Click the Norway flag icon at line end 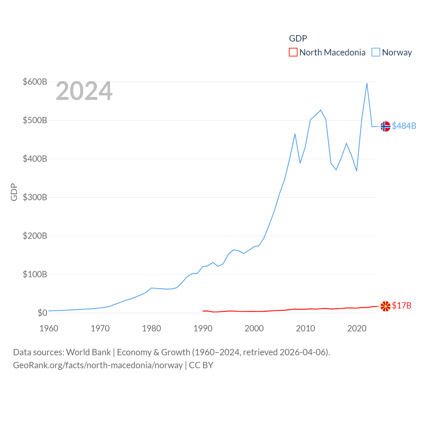pos(385,127)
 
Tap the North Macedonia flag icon pos(385,306)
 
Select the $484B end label pos(404,126)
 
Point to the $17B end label pos(401,305)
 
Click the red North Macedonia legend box pos(293,52)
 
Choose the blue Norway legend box pos(376,52)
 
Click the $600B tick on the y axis pos(35,82)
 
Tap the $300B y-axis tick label pos(35,197)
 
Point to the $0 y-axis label pos(42,313)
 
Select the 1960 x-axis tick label pos(49,328)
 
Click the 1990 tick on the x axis pos(203,328)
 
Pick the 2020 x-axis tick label pos(357,328)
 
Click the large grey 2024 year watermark pos(84,91)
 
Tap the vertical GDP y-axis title pos(14,192)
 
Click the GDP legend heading pos(298,39)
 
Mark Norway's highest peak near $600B pos(367,83)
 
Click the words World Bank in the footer pos(88,352)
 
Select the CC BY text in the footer pos(201,365)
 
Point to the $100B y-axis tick pos(35,274)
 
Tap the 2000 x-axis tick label pos(254,328)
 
